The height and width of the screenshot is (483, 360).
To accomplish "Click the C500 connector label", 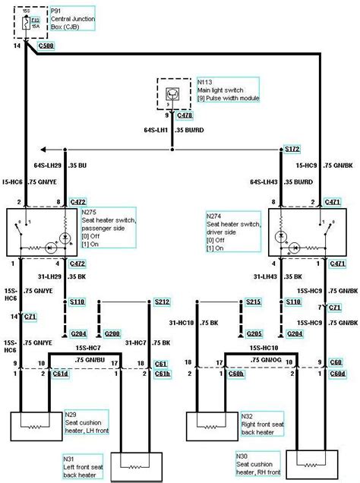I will (47, 46).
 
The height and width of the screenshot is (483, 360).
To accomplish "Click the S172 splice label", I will (292, 149).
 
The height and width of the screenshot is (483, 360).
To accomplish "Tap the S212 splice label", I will (162, 301).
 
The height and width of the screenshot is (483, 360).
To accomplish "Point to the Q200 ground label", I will (113, 333).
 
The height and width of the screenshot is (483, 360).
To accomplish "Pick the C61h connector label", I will (162, 374).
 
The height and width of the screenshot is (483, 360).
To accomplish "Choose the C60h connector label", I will (235, 374).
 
